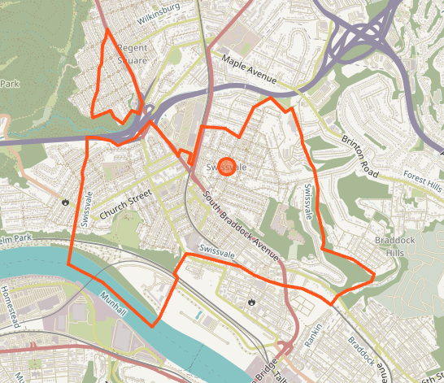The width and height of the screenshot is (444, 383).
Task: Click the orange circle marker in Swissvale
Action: click(227, 166)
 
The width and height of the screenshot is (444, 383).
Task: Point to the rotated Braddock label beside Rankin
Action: click(361, 350)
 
